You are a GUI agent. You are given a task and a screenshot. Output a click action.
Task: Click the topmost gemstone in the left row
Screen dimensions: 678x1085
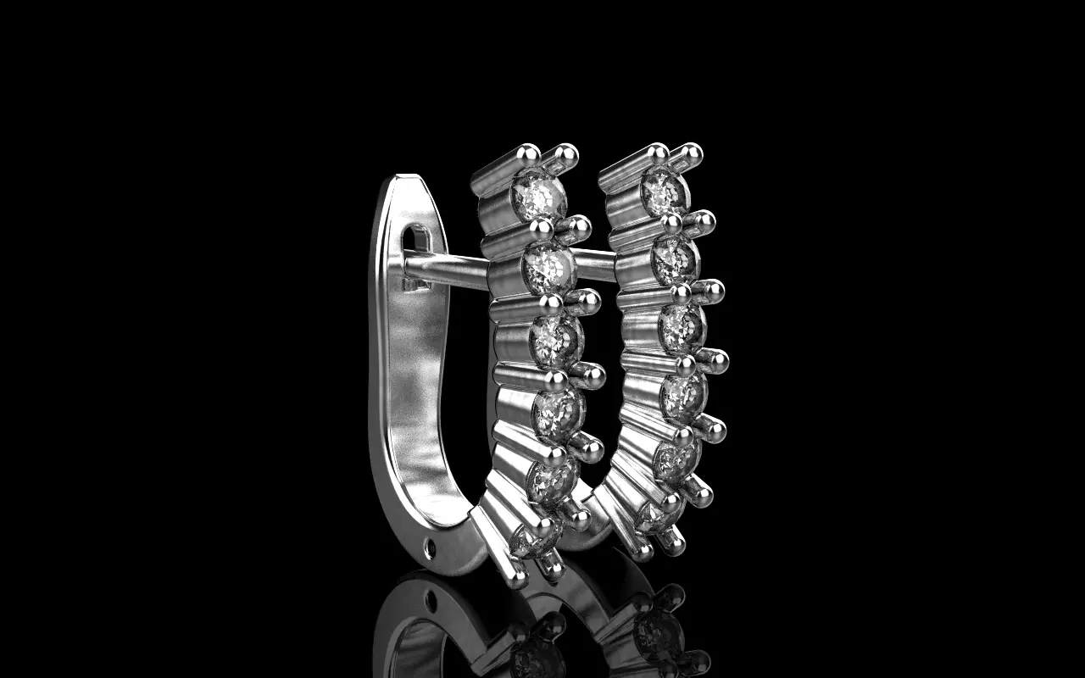point(540,195)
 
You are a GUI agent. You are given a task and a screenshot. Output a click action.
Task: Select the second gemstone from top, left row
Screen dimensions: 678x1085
point(548,270)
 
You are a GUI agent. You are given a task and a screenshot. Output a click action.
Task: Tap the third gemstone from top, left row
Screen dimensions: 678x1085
point(556,339)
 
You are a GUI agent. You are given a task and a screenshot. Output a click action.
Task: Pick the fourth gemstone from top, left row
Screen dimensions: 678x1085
point(559,413)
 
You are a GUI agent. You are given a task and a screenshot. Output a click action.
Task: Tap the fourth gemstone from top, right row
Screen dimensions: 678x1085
point(683,396)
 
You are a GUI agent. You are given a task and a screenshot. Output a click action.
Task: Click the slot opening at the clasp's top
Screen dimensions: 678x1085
point(415,239)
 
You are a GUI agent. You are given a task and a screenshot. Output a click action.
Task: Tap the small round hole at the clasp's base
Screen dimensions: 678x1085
point(429,549)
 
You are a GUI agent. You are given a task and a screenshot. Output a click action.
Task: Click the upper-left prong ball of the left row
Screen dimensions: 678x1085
point(527,153)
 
